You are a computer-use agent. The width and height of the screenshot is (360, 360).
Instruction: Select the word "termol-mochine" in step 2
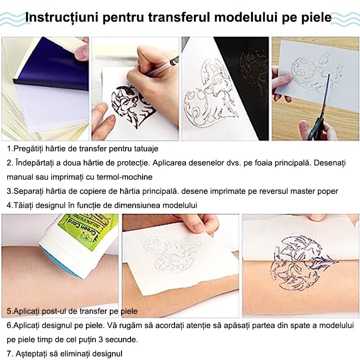(125, 177)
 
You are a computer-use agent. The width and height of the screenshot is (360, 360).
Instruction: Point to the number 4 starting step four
(9, 205)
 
